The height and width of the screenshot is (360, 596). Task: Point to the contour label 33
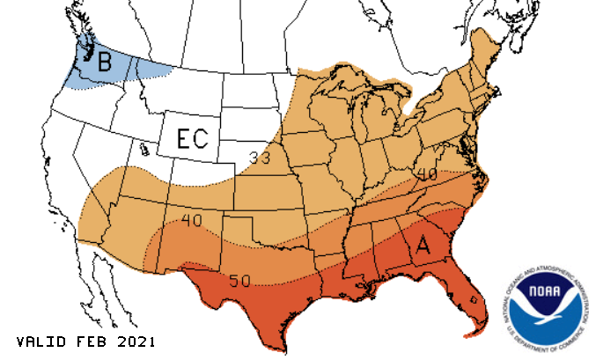(x=260, y=158)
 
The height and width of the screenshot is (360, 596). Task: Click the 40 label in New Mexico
(x=194, y=218)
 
